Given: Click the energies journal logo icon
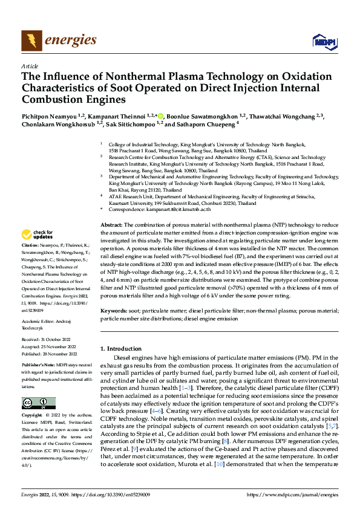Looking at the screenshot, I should click(x=31, y=41).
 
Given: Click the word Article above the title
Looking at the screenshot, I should click(x=30, y=66).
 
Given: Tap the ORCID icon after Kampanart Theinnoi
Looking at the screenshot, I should click(x=160, y=115).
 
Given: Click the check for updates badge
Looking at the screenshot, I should click(x=38, y=234).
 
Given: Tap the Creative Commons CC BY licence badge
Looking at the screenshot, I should click(x=38, y=403).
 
